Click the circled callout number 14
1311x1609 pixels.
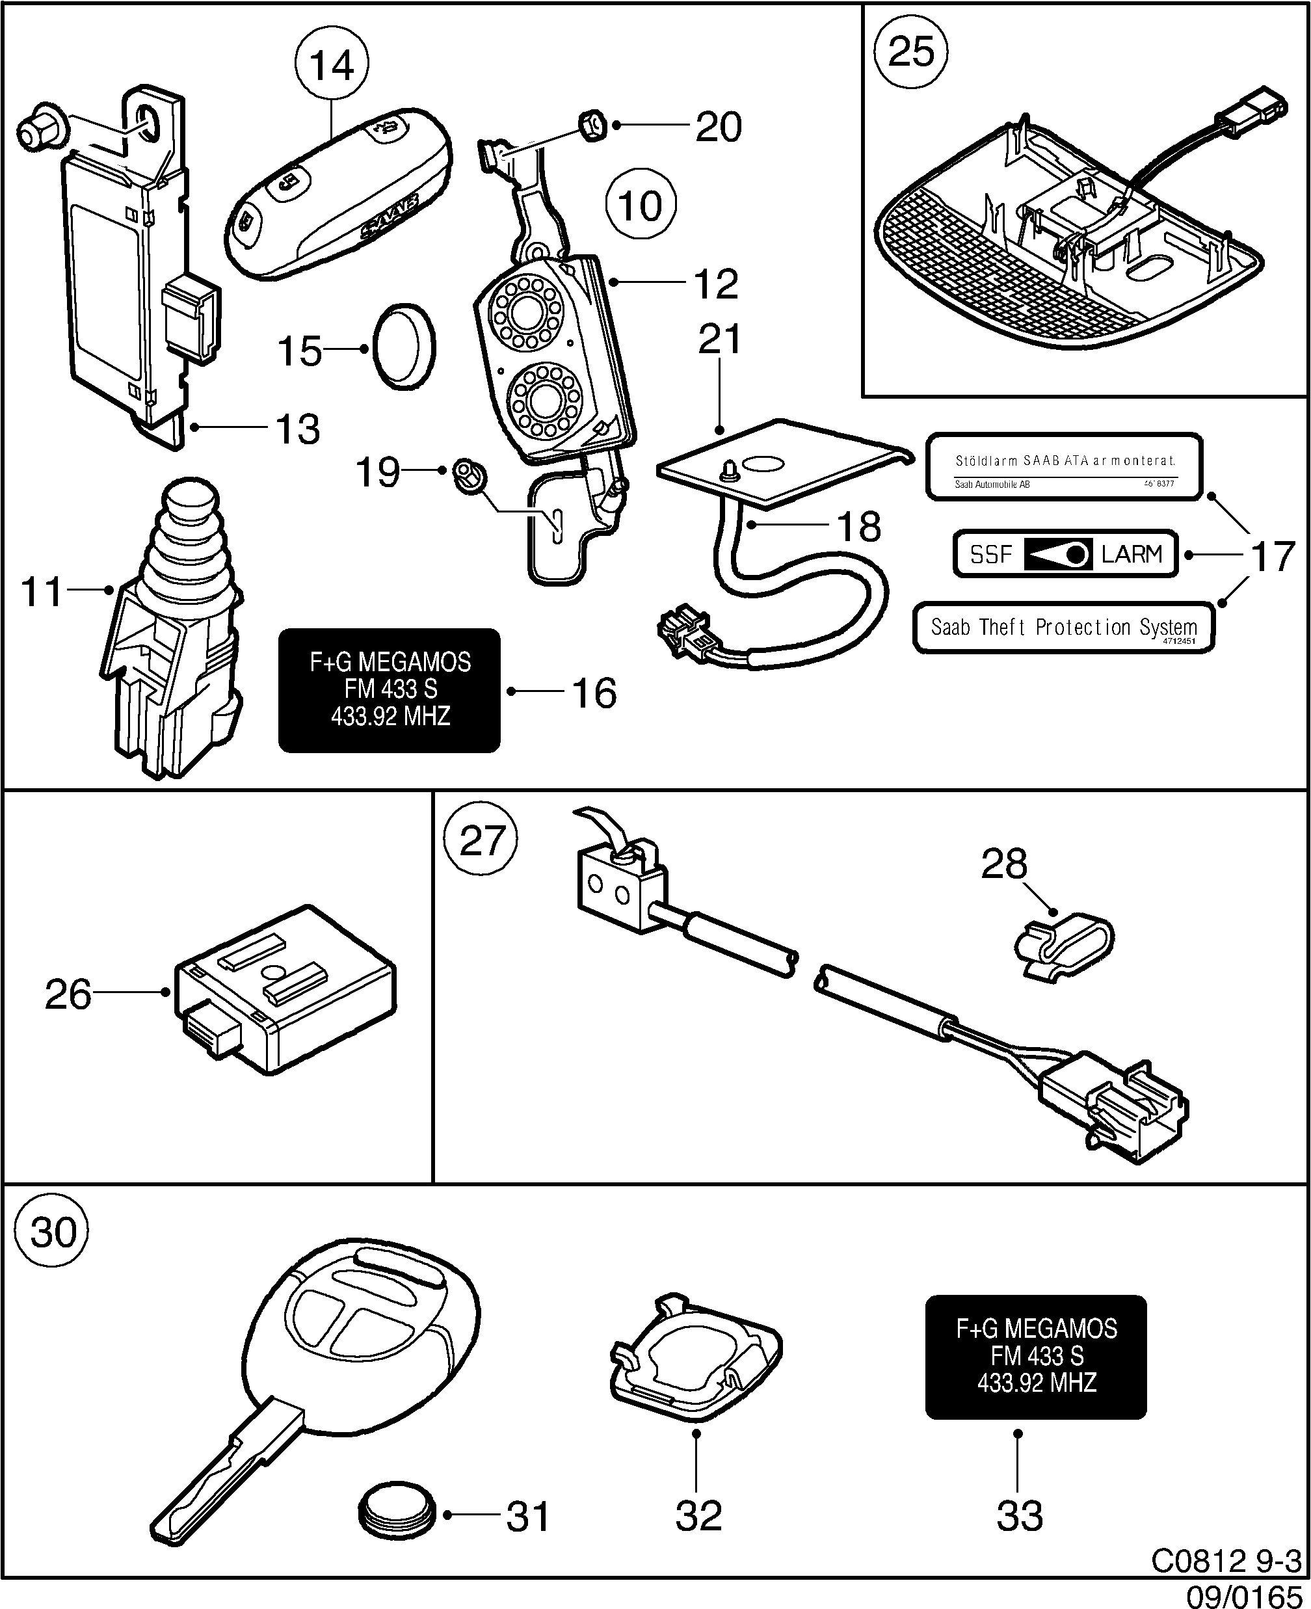coord(332,65)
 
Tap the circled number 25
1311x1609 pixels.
coord(911,52)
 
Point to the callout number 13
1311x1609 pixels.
coord(298,429)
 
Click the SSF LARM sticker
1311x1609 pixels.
coord(1065,554)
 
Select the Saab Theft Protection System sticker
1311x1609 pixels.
coord(1063,628)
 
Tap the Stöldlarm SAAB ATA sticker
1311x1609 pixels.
coord(1063,466)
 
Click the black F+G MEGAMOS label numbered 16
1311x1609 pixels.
coord(390,689)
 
